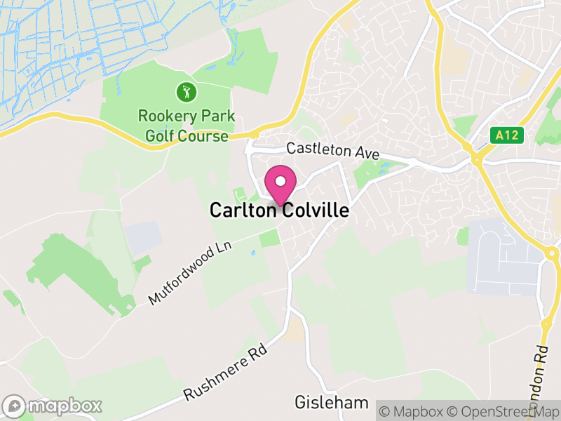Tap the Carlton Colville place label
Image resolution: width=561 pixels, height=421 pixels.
[279, 210]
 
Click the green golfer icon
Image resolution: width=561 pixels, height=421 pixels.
[186, 91]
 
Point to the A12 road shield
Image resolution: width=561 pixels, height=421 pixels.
[508, 135]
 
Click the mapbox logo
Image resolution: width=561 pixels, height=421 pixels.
[53, 406]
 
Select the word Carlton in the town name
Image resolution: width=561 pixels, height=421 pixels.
[243, 210]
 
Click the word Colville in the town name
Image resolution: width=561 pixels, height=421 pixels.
[315, 210]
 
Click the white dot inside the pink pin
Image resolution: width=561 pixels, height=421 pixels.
[280, 181]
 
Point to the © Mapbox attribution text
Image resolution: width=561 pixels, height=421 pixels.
[412, 410]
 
